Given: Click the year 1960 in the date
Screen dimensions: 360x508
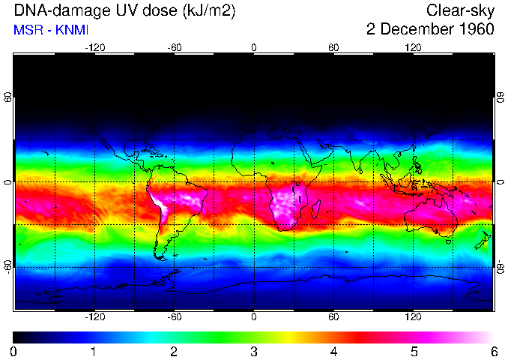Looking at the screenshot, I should coord(474,29).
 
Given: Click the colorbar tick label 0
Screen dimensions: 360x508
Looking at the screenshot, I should coord(14,351).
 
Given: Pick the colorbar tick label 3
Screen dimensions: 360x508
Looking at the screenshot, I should coord(253,351).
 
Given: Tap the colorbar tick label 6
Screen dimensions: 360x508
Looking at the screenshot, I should coord(493,351).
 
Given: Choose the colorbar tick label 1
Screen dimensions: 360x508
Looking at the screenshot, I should coord(94,351).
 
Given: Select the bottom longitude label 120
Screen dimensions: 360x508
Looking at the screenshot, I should coord(413,318).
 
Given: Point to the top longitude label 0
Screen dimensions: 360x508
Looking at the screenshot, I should coord(253,48).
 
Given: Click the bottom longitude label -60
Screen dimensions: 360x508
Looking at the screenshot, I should coord(174,318).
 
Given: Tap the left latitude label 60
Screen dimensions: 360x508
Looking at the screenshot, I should coord(8,98).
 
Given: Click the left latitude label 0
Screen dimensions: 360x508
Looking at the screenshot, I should coord(8,182).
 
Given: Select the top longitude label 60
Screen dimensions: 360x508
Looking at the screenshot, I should coord(333,48).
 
